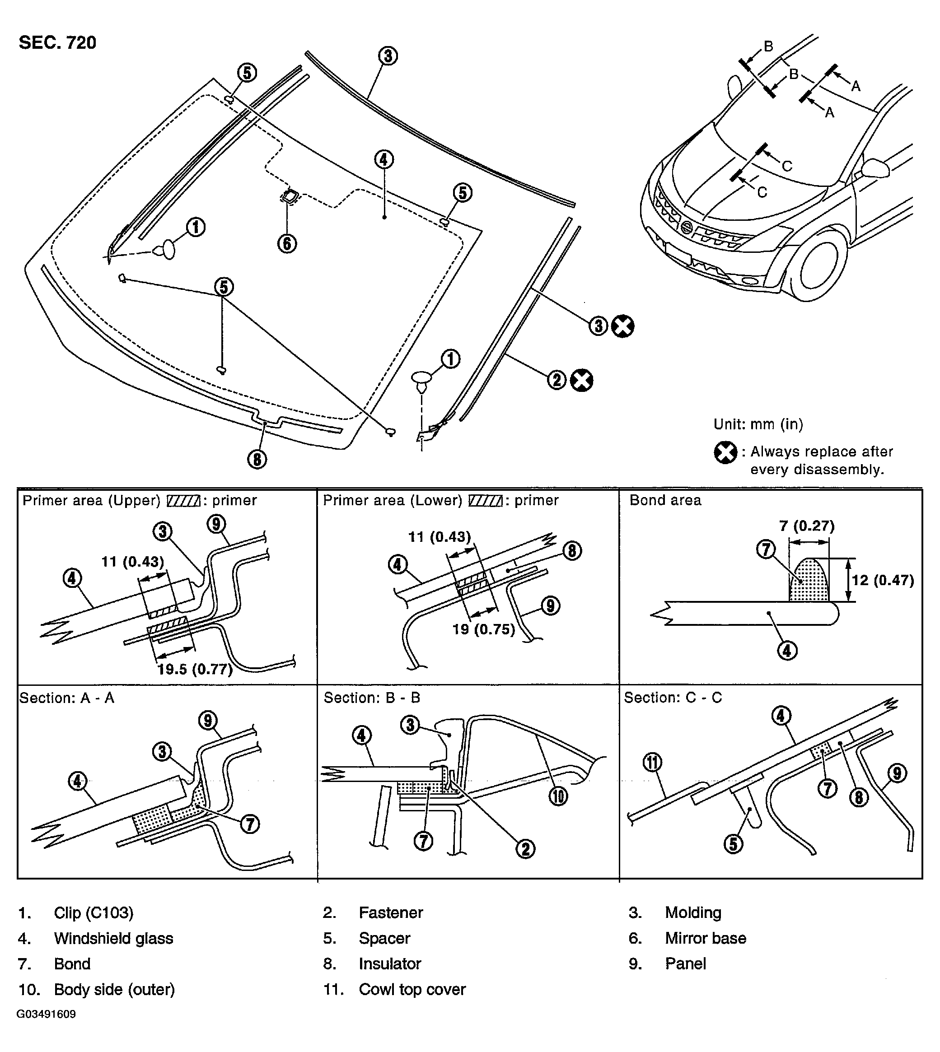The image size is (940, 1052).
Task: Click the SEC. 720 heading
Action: (57, 42)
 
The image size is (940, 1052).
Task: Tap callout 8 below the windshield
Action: (257, 459)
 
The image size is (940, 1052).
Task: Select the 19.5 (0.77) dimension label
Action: (195, 670)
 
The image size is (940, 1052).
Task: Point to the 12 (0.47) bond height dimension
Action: (883, 580)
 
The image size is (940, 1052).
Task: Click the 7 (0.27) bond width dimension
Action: (807, 526)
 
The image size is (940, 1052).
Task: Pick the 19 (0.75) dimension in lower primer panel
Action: (483, 629)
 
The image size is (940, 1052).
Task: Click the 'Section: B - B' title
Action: (371, 698)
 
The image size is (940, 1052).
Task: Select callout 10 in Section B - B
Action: (558, 796)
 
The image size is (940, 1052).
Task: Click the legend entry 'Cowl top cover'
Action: (412, 989)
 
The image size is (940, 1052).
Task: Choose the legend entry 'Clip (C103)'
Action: (94, 912)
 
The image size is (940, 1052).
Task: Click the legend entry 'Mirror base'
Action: (705, 938)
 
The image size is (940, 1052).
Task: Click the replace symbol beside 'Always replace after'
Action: (725, 453)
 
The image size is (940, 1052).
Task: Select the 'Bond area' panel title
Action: (665, 500)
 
